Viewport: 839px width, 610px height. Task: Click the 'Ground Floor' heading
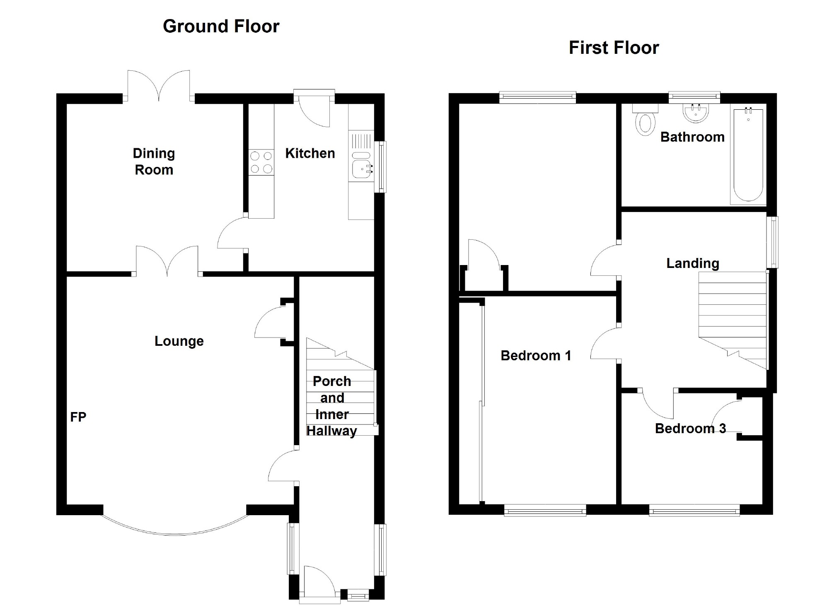221,27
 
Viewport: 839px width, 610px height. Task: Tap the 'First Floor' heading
614,48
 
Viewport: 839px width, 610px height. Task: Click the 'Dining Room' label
154,162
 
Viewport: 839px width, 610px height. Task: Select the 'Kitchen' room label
310,154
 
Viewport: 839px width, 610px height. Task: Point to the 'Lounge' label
179,341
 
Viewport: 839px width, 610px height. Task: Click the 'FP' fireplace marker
78,417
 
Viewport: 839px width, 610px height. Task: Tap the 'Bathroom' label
692,137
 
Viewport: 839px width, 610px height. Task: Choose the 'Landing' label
692,263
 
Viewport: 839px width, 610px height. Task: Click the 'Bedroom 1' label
536,356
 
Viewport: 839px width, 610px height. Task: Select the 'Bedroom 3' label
690,429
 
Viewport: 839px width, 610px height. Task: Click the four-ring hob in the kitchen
261,162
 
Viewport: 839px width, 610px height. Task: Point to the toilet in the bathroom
645,123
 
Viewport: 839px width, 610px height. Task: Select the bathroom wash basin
696,113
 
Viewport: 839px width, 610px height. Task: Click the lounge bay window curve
175,533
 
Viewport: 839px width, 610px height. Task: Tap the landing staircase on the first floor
732,315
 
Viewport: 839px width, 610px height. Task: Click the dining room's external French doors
159,86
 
